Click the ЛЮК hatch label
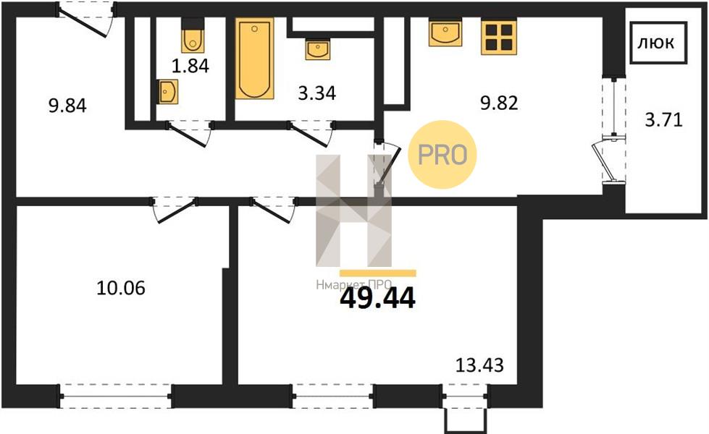(655, 43)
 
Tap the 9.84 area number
(67, 106)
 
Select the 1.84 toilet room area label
(190, 66)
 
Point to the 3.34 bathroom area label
(317, 93)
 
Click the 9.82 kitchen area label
(499, 103)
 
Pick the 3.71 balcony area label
(663, 120)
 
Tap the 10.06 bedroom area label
(121, 287)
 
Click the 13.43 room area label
(479, 365)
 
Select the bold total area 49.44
(377, 299)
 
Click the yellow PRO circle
(442, 155)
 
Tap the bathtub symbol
(255, 59)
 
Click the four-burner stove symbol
(499, 38)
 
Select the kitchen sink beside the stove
(445, 33)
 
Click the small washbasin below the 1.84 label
(168, 92)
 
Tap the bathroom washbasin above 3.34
(318, 49)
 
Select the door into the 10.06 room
(175, 209)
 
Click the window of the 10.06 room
(115, 396)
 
